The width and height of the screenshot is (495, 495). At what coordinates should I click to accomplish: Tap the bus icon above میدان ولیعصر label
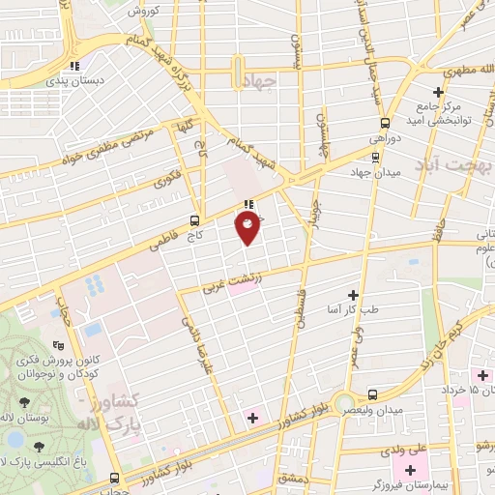coord(373,394)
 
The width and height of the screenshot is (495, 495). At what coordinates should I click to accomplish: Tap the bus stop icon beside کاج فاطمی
coord(196,219)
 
